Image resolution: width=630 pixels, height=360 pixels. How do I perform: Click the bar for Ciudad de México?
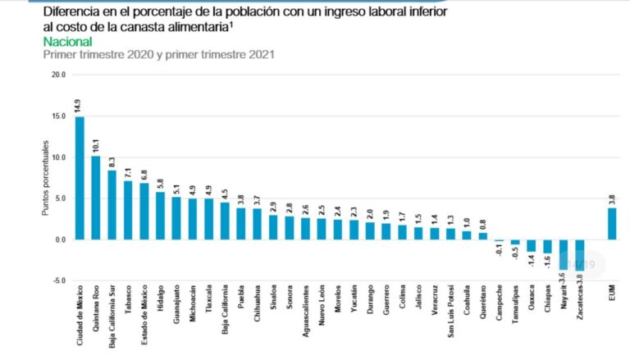coord(80,178)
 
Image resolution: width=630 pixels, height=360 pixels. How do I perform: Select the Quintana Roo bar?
coord(96,198)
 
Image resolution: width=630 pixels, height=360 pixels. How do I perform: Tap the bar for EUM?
coord(612,224)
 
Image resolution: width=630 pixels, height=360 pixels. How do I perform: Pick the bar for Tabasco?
coord(128,210)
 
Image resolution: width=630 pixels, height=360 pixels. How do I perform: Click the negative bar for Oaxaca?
coord(531,245)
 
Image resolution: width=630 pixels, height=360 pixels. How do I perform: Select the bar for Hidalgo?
coord(160,215)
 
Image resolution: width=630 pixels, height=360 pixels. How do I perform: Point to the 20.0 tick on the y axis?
coord(57,74)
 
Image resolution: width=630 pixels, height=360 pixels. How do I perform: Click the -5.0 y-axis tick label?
coord(57,280)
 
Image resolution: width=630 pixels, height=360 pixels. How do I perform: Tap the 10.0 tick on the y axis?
coord(57,157)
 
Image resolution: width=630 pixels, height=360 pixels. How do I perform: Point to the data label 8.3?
coord(112,161)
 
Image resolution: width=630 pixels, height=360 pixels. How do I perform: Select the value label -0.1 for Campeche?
coord(499,252)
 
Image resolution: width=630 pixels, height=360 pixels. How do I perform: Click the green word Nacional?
coord(66,41)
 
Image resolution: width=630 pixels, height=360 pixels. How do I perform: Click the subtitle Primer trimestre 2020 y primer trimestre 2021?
coord(157,54)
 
